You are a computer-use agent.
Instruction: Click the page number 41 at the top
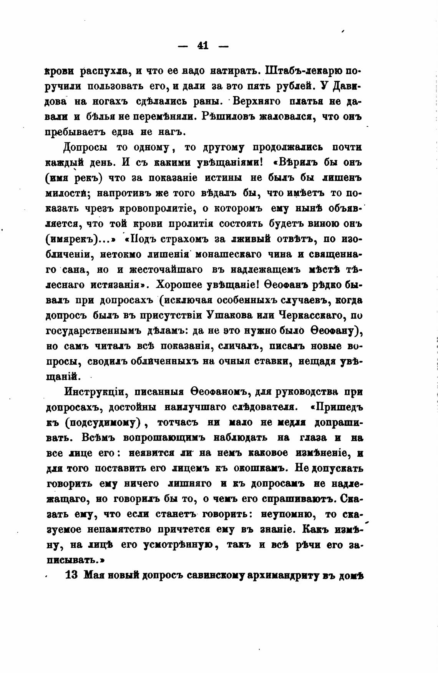pyautogui.click(x=202, y=46)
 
